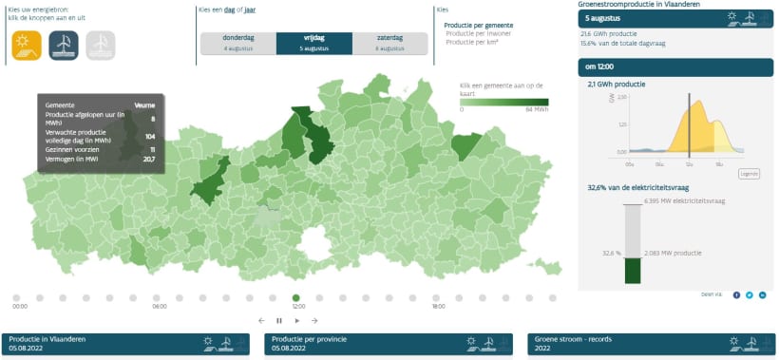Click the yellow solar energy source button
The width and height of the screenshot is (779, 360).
26,44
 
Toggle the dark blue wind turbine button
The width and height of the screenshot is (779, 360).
63,44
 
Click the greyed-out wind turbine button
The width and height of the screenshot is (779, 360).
101,44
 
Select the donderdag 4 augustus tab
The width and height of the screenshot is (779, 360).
237,43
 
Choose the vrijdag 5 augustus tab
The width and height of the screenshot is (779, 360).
313,43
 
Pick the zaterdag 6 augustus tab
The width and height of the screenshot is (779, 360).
389,43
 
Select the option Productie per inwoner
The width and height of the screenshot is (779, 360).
477,33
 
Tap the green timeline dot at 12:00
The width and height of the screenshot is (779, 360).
296,297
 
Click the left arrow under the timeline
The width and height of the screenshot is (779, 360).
261,320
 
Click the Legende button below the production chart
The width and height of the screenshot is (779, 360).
749,174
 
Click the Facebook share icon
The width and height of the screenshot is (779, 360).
736,294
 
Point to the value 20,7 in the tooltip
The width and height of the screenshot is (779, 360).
148,159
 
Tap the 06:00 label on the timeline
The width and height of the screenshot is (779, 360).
160,307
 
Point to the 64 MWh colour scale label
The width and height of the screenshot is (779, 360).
537,109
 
